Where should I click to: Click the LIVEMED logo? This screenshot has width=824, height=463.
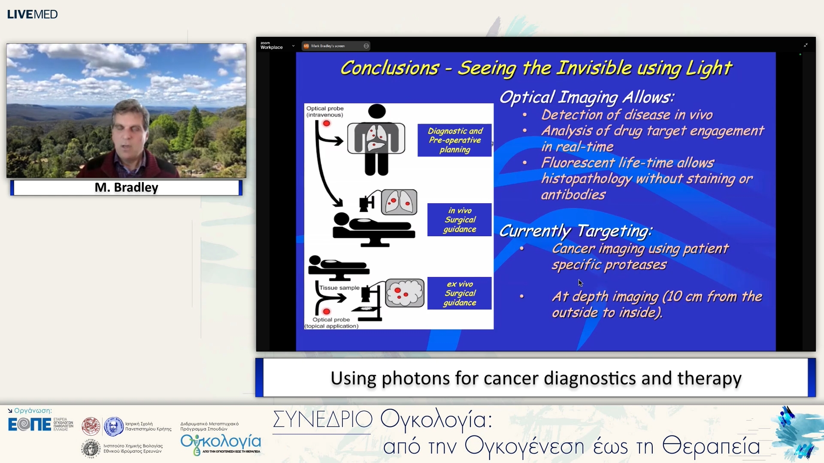32,14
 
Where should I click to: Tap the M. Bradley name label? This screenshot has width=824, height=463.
126,187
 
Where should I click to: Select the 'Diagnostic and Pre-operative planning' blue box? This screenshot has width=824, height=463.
454,140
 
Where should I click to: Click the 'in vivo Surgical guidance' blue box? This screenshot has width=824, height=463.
460,220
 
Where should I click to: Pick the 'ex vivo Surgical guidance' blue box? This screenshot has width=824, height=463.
460,293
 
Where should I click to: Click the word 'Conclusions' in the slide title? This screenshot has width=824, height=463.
389,68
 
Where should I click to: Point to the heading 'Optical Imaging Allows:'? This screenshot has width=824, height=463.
586,97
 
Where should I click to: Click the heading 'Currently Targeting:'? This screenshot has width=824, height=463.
576,231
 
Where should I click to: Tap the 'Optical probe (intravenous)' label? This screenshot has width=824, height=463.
324,111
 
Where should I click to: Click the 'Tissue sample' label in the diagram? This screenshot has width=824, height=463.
339,288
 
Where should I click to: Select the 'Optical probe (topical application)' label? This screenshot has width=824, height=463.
331,323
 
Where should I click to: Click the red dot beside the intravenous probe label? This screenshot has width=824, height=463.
327,123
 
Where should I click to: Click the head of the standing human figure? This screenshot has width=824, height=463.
376,111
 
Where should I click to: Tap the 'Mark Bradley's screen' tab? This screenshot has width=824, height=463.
328,46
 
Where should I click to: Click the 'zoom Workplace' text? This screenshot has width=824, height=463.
271,45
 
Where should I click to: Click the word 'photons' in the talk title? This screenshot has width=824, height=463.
416,379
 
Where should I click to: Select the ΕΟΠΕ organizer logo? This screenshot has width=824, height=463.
29,424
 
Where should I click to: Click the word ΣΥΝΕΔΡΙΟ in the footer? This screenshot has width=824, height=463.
322,419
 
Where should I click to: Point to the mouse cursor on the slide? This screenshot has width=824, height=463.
580,283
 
